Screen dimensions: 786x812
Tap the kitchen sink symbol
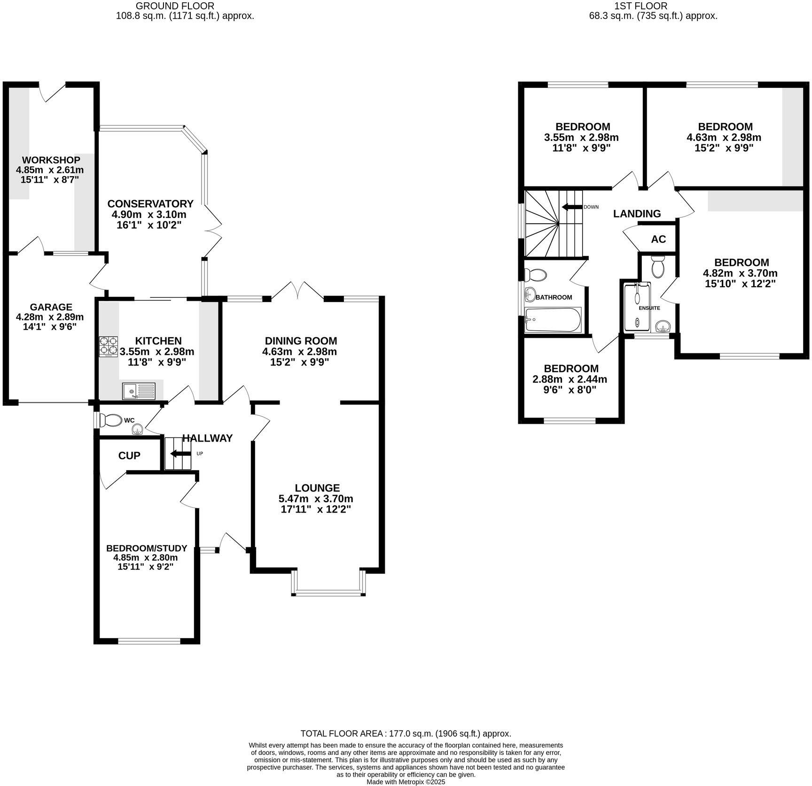(x=139, y=390)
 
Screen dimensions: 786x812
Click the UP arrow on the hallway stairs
(x=180, y=454)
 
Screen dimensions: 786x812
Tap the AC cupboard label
(x=658, y=239)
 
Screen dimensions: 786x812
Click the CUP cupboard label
(x=129, y=455)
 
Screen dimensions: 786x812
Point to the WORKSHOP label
(x=51, y=160)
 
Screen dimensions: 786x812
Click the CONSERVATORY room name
(x=150, y=203)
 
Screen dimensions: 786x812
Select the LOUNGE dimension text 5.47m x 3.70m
(x=317, y=498)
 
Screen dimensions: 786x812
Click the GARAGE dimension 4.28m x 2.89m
(x=50, y=317)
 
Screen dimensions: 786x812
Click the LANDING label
(x=637, y=214)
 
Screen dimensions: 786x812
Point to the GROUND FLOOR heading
(x=174, y=6)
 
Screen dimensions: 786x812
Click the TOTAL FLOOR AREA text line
(x=406, y=733)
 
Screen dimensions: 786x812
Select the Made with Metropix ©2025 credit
(x=406, y=782)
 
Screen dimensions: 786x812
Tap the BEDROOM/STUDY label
(x=147, y=548)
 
